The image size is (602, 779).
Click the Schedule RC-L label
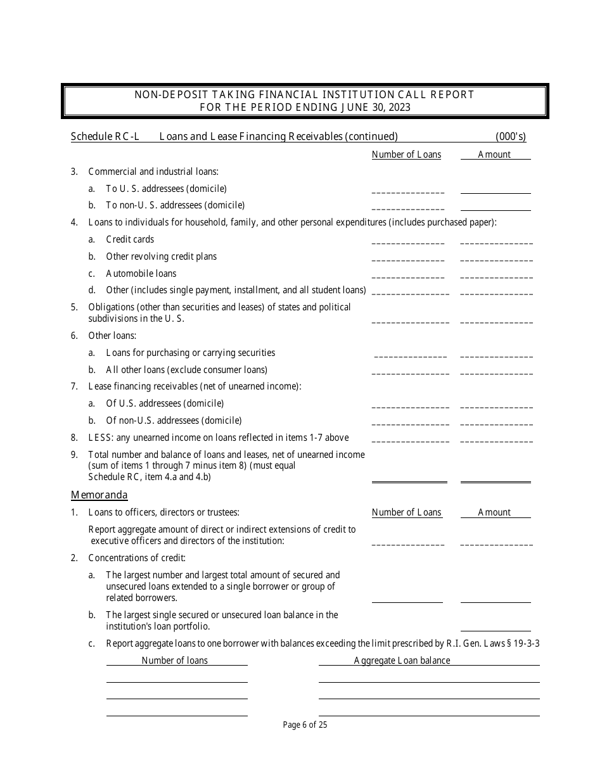tap(105, 136)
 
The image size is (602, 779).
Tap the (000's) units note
tap(510, 136)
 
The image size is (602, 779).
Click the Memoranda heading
tap(99, 495)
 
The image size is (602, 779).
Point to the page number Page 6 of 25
tap(305, 725)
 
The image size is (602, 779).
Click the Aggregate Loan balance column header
tap(402, 661)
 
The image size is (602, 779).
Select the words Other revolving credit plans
tap(161, 256)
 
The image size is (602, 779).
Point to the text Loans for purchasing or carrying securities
tap(190, 353)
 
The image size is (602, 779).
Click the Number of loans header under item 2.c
tap(174, 661)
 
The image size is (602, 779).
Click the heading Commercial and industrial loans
tap(153, 171)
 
